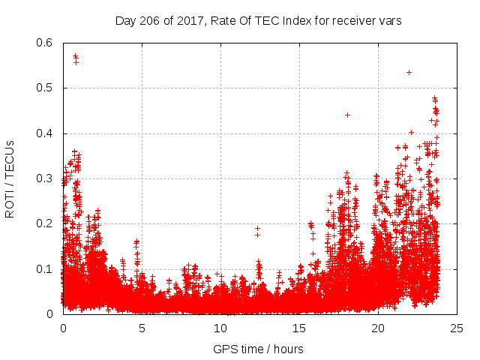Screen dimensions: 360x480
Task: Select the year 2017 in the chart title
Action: [186, 21]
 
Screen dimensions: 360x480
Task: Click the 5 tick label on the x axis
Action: [142, 328]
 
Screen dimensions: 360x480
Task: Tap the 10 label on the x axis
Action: [220, 328]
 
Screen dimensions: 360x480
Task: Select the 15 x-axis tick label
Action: [299, 328]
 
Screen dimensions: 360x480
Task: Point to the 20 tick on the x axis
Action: [378, 328]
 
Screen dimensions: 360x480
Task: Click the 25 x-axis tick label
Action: [457, 328]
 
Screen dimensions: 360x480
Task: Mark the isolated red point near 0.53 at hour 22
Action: [409, 72]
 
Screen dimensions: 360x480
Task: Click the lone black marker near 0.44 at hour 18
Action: [347, 115]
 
